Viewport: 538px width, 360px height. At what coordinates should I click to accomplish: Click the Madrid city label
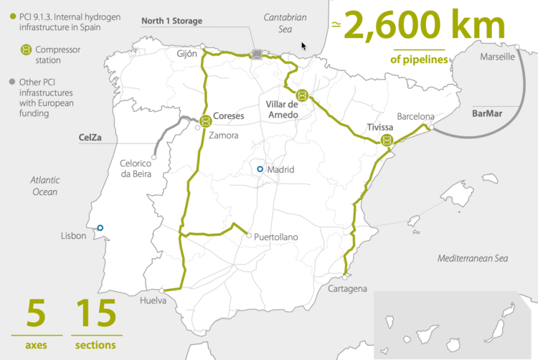[x=280, y=170]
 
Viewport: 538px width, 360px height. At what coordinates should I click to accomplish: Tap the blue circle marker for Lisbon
[x=100, y=228]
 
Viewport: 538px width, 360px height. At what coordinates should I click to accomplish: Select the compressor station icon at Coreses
[x=206, y=120]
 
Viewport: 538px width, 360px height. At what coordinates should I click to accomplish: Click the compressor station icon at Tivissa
[x=387, y=141]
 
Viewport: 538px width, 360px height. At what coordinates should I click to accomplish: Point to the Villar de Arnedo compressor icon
[x=302, y=95]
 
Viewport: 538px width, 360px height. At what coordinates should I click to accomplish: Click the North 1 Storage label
[x=171, y=22]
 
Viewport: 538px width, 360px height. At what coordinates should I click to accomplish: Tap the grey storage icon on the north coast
[x=257, y=53]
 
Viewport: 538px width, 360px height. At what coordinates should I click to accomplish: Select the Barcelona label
[x=415, y=116]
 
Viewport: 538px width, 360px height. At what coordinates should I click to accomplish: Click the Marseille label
[x=497, y=57]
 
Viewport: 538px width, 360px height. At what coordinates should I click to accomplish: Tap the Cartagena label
[x=346, y=288]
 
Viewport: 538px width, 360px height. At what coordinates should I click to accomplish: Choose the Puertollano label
[x=276, y=237]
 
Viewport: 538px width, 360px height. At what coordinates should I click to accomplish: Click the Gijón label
[x=187, y=54]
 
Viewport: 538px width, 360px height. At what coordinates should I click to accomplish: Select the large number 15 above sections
[x=95, y=315]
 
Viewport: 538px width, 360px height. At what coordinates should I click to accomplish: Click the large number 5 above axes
[x=37, y=315]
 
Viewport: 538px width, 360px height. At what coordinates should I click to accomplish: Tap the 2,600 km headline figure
[x=424, y=26]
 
